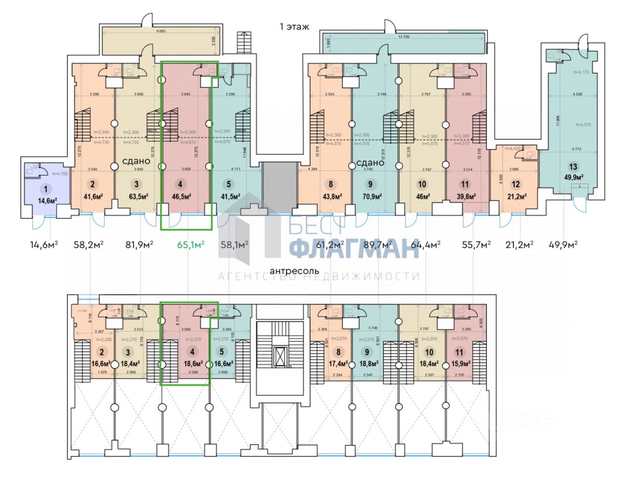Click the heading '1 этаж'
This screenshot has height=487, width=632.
click(294, 27)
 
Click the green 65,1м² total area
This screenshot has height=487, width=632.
click(191, 244)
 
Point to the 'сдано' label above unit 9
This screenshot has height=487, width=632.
click(370, 162)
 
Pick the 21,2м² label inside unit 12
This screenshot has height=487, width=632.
click(515, 196)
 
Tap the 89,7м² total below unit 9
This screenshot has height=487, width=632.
click(379, 244)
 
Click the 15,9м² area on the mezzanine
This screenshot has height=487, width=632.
click(460, 364)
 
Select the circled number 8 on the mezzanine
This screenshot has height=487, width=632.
click(338, 353)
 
